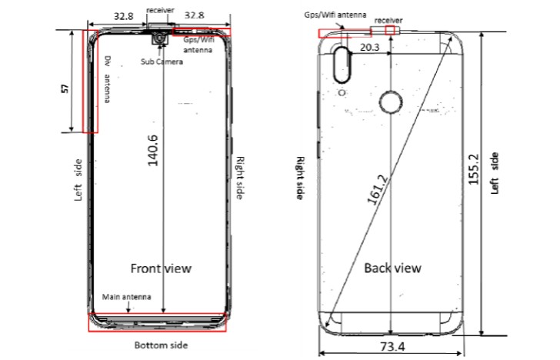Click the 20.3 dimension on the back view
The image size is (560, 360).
[x=369, y=48]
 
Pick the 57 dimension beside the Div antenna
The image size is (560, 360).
[x=65, y=89]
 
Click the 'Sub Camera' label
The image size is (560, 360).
[x=161, y=62]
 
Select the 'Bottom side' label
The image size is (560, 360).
[x=161, y=345]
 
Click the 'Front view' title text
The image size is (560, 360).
[x=161, y=268]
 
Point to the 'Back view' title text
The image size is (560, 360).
[x=392, y=268]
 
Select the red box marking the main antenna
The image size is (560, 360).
[x=158, y=322]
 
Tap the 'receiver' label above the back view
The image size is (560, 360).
[x=388, y=19]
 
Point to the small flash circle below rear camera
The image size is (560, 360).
[x=342, y=93]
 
